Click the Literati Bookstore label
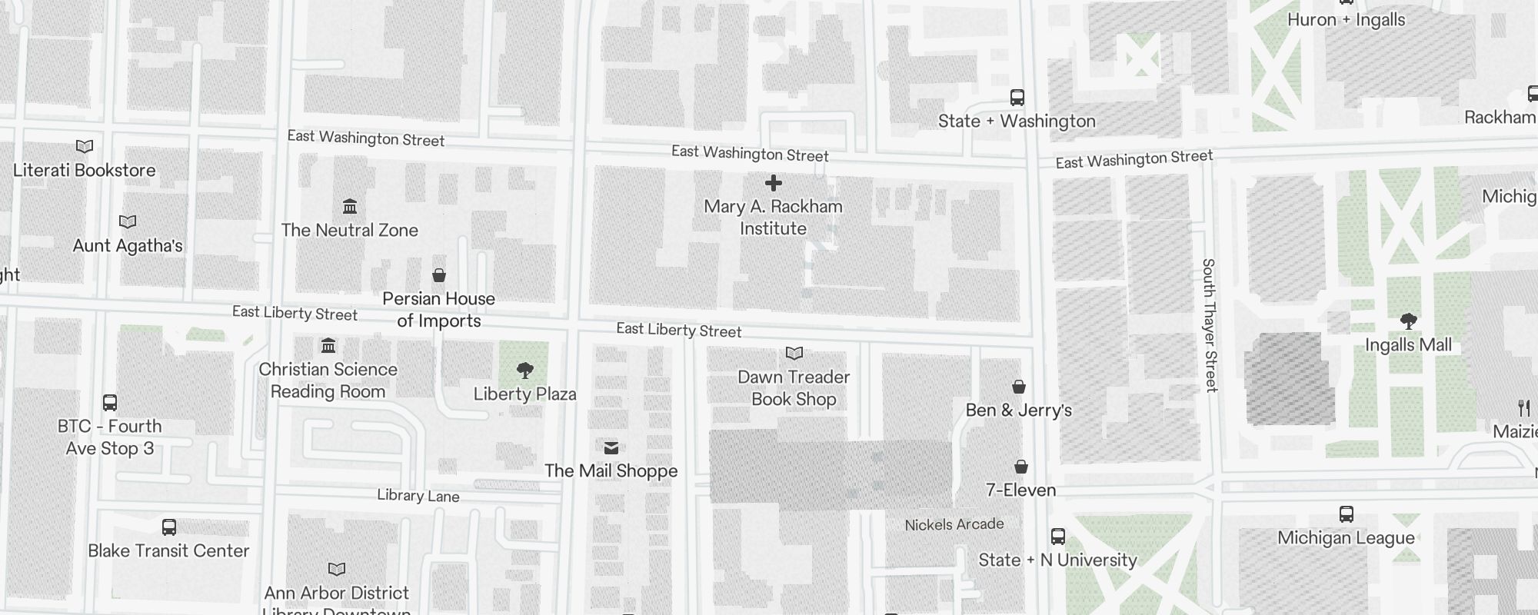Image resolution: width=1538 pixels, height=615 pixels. point(85,170)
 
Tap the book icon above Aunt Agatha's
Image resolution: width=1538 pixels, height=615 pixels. point(128,221)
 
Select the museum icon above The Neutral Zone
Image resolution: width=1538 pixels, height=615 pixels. point(350,206)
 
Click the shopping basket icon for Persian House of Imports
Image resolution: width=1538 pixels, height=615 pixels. point(439,275)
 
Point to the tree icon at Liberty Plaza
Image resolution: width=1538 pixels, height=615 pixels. point(525,371)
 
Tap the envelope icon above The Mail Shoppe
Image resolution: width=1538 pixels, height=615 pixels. point(611,447)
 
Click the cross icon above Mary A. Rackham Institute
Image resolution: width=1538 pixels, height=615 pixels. point(774,183)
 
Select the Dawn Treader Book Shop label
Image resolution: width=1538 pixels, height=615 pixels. point(794,387)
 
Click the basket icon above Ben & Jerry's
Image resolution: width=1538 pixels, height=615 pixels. point(1019,386)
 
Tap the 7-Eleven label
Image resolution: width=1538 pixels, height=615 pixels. point(1020,490)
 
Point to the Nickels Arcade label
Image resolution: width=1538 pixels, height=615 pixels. point(954,524)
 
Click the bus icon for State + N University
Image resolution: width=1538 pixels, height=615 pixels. point(1058,537)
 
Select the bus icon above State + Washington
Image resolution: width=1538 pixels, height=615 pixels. point(1017,98)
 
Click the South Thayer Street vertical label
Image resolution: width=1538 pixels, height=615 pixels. point(1210,325)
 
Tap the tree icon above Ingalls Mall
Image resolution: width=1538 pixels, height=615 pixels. point(1408,321)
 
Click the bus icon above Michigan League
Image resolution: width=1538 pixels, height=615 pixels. point(1346,514)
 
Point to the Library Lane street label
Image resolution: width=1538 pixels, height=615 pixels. point(418,496)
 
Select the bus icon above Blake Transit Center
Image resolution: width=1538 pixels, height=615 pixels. point(169,527)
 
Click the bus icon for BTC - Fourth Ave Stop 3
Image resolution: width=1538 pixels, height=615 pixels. point(110,403)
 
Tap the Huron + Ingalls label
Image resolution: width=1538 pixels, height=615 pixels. point(1346,20)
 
